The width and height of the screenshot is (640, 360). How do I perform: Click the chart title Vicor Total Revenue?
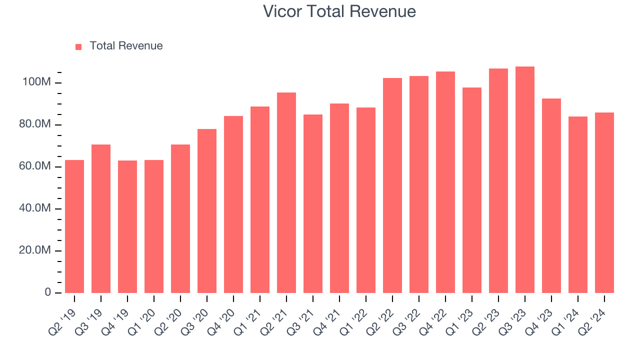(x=339, y=11)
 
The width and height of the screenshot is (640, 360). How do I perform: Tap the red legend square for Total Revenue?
(x=78, y=47)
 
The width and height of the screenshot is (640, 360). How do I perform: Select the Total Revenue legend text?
(x=126, y=46)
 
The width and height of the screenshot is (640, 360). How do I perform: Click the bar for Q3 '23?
(x=525, y=180)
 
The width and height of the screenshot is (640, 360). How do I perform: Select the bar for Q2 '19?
(x=74, y=226)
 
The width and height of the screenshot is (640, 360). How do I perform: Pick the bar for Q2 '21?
(x=286, y=192)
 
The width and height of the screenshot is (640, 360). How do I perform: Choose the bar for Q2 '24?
(x=604, y=202)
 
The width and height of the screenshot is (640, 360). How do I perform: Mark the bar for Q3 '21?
(x=313, y=203)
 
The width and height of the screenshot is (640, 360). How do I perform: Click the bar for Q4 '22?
(x=445, y=182)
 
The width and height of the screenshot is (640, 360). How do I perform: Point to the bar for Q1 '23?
(x=472, y=190)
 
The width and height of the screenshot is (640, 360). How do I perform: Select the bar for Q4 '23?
(x=551, y=195)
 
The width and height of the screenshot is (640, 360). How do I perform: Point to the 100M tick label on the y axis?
(x=36, y=82)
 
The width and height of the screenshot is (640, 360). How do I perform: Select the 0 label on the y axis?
(x=47, y=292)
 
